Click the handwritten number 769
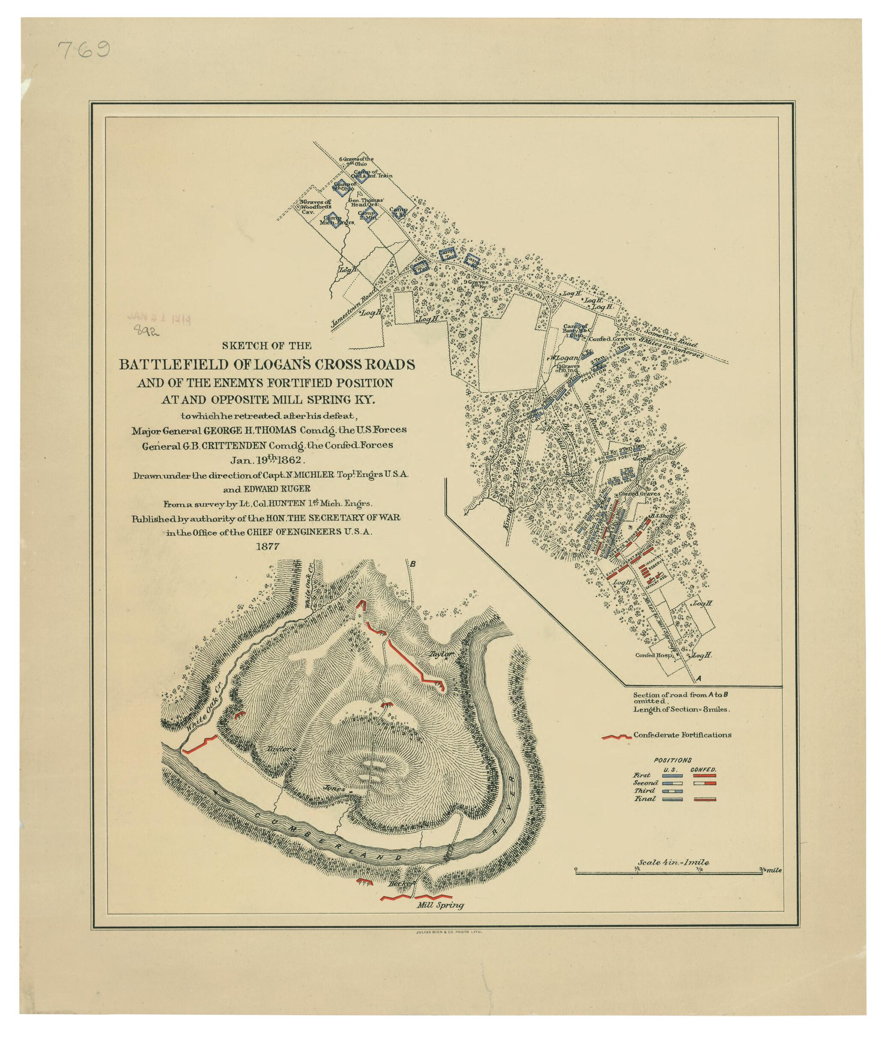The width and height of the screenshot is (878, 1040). (84, 51)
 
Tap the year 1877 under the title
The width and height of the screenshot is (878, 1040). (267, 546)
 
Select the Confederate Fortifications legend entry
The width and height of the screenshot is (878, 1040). (682, 734)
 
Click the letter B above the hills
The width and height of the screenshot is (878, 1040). (412, 564)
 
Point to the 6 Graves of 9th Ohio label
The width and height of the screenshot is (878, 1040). (356, 161)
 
